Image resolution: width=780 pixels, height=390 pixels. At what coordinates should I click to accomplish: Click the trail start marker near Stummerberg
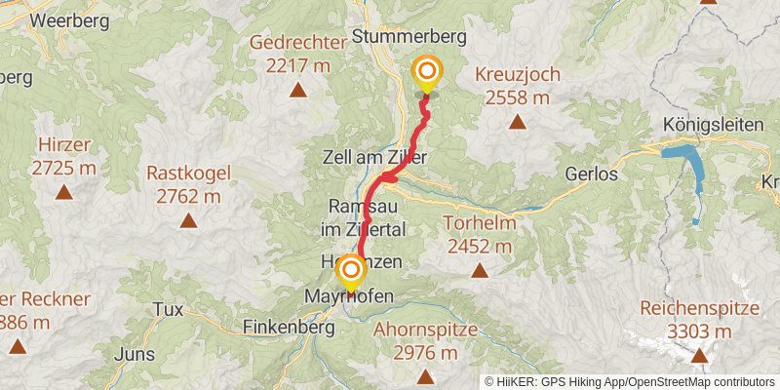coord(426,72)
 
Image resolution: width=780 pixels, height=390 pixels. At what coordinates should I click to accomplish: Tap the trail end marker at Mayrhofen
coord(350,270)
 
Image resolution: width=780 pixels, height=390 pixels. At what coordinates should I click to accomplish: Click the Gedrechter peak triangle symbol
coord(297,92)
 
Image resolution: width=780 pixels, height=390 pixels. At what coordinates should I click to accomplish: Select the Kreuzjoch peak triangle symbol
coord(516,123)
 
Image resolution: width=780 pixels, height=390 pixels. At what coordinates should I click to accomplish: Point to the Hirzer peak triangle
coord(64,192)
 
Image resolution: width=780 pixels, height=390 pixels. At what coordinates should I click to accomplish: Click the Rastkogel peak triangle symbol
coord(188,220)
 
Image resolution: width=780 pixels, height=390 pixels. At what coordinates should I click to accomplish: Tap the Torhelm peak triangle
coord(479,272)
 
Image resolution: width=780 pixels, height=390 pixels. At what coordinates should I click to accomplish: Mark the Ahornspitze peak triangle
coord(425,375)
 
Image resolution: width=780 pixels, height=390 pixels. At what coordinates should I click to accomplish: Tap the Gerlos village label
coord(591,175)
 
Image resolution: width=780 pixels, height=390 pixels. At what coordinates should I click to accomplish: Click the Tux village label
coord(168,309)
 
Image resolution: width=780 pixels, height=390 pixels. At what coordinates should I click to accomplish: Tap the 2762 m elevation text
coord(188,196)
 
